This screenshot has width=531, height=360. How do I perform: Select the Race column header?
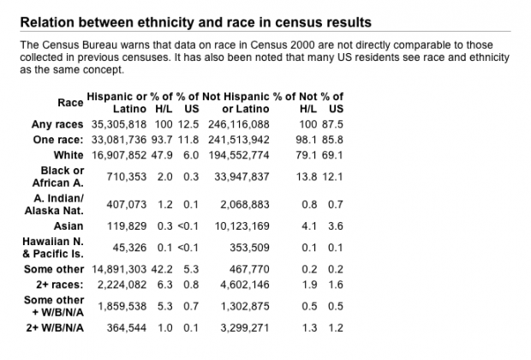tap(70, 102)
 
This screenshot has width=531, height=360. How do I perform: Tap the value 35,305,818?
tap(119, 124)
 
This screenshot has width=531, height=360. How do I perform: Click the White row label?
tap(69, 155)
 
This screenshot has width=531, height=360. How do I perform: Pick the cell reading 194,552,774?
tap(239, 155)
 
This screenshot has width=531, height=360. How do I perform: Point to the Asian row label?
tap(69, 226)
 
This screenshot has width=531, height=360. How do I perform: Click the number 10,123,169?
tap(242, 226)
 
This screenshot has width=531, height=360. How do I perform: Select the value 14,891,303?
tap(119, 269)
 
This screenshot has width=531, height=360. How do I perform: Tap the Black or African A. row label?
tap(58, 177)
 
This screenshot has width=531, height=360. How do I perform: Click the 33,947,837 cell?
tap(242, 177)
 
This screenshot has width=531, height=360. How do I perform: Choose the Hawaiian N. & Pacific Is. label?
tap(53, 248)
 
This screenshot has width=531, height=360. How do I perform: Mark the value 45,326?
tap(129, 248)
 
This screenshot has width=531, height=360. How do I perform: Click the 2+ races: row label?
tap(60, 285)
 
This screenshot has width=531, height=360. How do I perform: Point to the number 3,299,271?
tap(245, 327)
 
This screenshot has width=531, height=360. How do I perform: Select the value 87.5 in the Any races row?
tap(332, 124)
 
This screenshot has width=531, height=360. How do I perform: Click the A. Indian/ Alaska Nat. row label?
tap(54, 204)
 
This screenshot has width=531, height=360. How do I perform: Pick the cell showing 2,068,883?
tap(245, 204)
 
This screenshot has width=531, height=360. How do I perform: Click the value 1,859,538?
tap(122, 306)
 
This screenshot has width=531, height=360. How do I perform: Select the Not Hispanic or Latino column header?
tap(236, 103)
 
